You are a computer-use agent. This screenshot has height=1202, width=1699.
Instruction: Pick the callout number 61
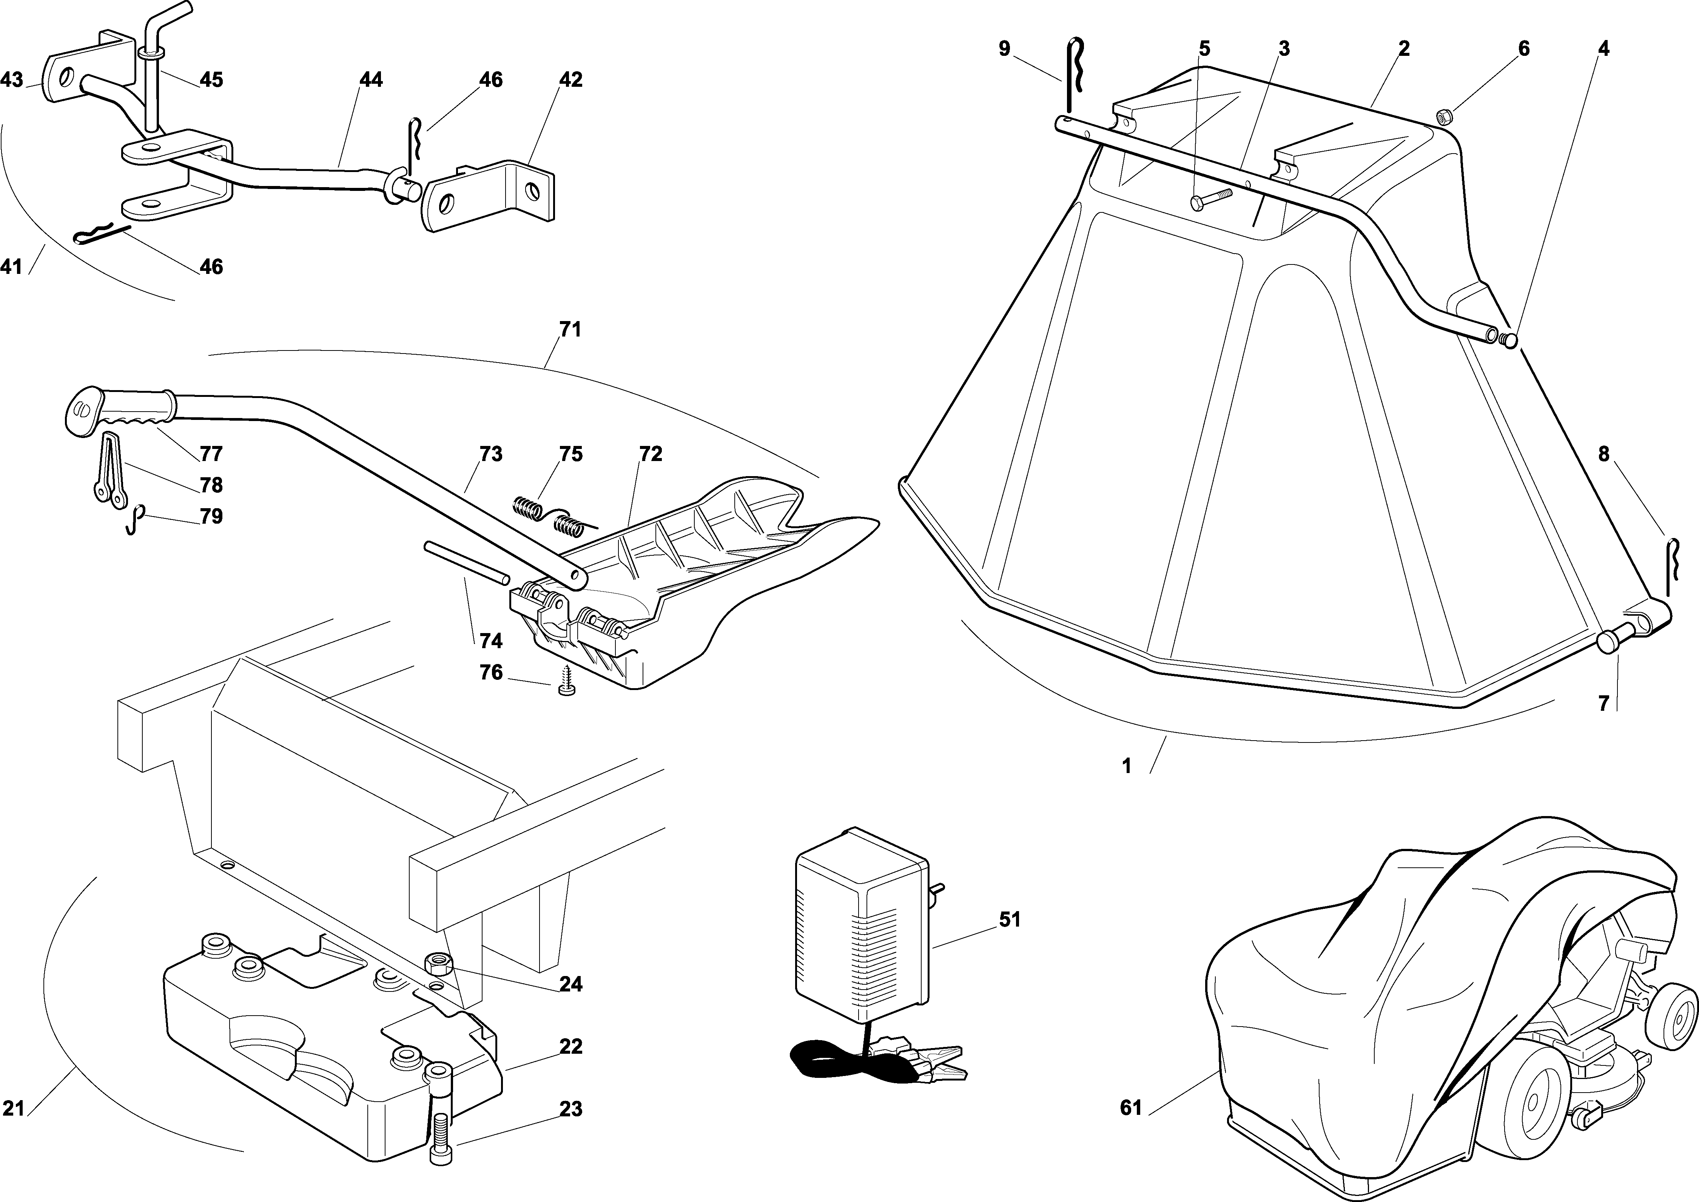[1130, 1129]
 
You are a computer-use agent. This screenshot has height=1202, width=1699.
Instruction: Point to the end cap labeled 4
[1508, 340]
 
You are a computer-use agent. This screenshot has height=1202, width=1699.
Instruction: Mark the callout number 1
[1127, 766]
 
